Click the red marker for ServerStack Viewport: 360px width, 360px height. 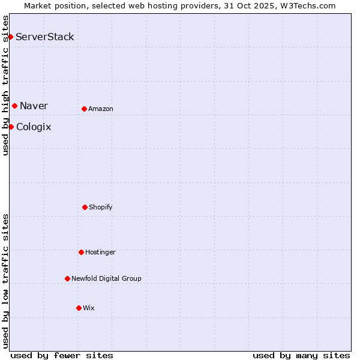10,37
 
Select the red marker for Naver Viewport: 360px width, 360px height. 14,106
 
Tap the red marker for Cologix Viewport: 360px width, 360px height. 11,127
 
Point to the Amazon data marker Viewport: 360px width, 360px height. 84,109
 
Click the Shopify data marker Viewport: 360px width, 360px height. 85,207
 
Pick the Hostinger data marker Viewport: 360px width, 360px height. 81,252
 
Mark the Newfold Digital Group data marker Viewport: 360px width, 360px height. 67,278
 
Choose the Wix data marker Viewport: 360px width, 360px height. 79,308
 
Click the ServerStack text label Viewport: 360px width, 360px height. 45,37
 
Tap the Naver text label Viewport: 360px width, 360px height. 34,106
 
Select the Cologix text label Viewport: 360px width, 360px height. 34,127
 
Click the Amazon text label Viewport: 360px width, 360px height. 101,109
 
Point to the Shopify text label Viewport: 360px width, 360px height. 101,207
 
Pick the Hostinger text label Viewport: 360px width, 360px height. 100,252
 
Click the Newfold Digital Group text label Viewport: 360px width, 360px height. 106,278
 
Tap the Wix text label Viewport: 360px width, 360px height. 89,308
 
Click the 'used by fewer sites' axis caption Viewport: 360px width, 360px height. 62,355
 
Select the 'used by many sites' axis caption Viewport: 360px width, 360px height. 301,355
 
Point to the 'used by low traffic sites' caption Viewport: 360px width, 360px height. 5,280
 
